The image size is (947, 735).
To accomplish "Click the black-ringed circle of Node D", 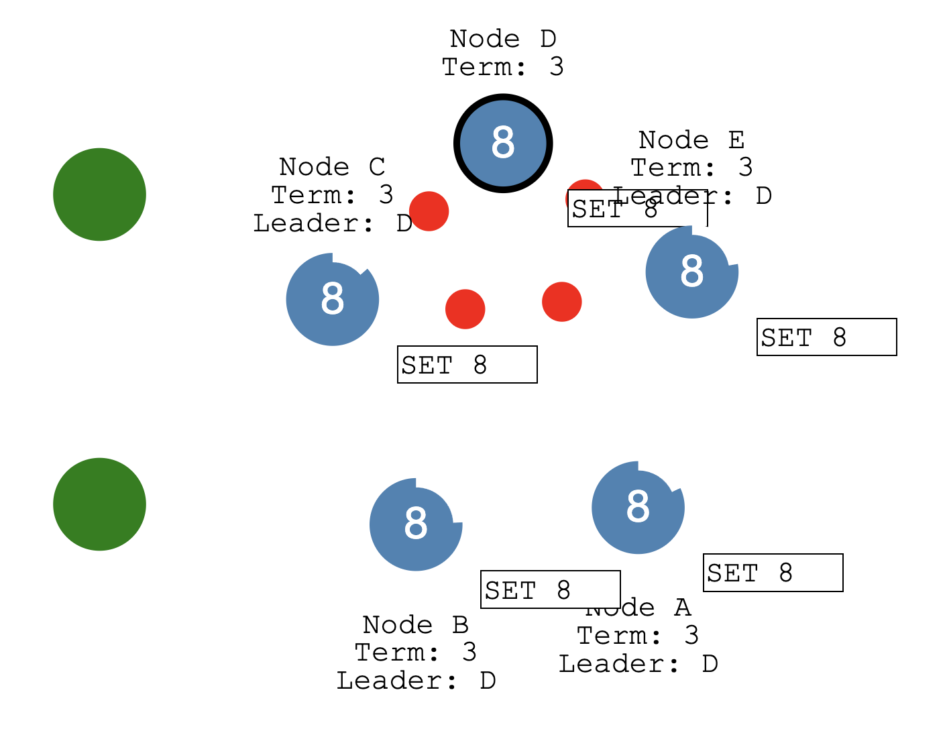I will (x=503, y=143).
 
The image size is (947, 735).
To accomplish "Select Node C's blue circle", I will (x=333, y=300).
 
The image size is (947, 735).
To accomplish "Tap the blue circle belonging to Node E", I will (x=691, y=272).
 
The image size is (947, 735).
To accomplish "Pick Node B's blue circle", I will (x=416, y=524).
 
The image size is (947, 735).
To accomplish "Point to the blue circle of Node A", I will (x=638, y=508).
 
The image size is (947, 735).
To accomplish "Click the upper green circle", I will (x=99, y=194).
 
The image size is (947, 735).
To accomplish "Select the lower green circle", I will (x=99, y=504).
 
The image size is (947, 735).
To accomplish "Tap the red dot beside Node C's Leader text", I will (x=429, y=211).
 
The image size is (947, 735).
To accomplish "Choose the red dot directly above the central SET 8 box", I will (x=465, y=309).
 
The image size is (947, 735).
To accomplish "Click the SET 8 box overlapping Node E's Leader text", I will (x=637, y=209).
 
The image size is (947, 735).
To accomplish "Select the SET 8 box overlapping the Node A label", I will (x=550, y=590).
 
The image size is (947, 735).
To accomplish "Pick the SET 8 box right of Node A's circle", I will (x=773, y=573).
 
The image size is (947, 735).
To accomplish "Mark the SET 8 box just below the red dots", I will (x=467, y=365).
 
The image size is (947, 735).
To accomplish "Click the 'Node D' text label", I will (x=502, y=39).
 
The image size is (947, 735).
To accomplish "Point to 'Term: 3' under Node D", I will (x=502, y=67).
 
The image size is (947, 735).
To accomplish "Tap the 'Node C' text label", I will (x=332, y=166).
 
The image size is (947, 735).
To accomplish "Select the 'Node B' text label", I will (x=415, y=624).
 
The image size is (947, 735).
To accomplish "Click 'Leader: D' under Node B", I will (x=416, y=681).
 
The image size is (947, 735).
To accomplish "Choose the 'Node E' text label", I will (x=691, y=140).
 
